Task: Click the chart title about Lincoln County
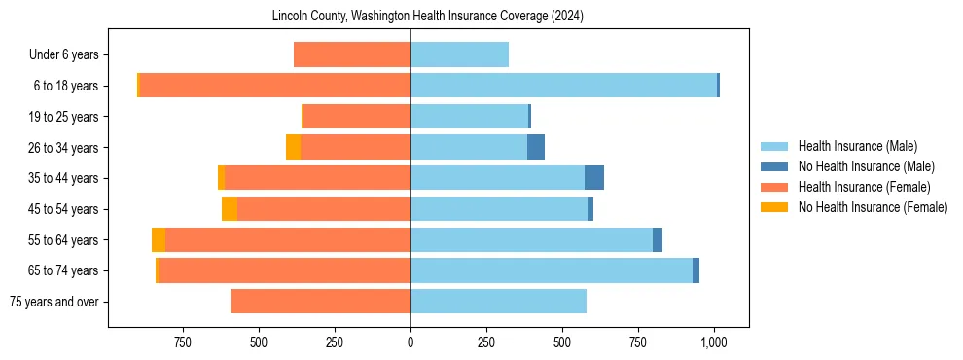point(428,16)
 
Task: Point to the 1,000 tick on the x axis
point(715,342)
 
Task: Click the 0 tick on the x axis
point(410,342)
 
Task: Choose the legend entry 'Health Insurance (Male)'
point(857,146)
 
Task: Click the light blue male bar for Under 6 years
point(459,54)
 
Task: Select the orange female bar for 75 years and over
point(320,302)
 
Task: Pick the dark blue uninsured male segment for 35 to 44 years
point(594,178)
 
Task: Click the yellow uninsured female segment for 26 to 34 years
point(293,147)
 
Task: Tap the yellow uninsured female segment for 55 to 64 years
point(159,239)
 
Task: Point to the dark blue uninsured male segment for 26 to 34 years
point(536,147)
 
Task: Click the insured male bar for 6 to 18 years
point(563,86)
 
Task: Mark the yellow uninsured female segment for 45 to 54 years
point(230,209)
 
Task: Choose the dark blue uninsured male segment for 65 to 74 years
point(695,270)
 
